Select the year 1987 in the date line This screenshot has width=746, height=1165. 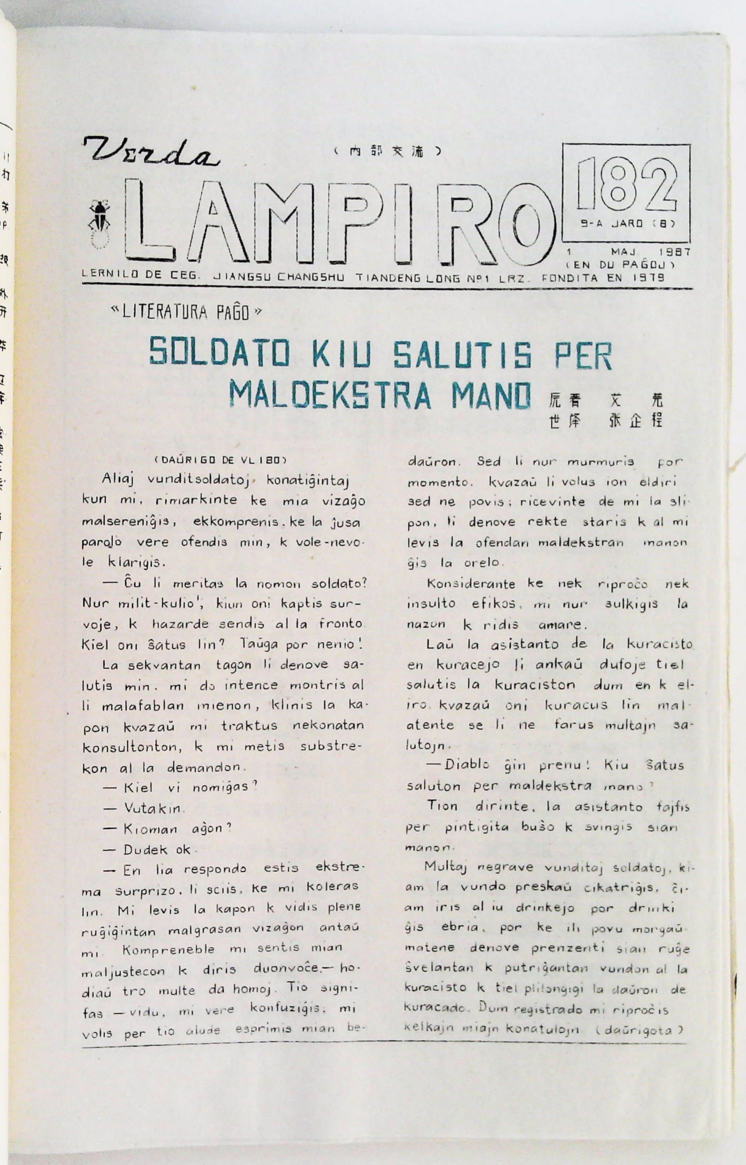(674, 253)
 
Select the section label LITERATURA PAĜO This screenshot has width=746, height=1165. (186, 312)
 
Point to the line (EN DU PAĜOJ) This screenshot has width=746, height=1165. (620, 265)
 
